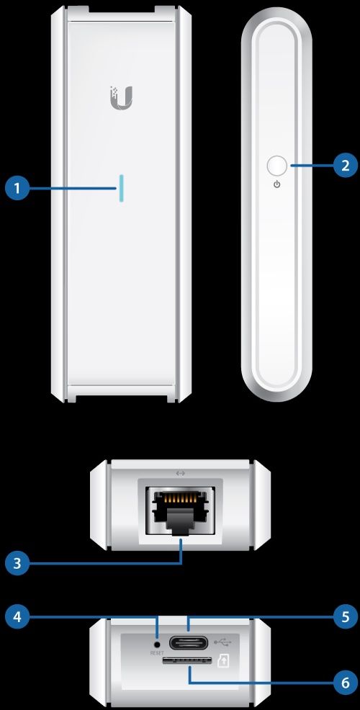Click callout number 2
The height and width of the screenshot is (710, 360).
point(345,166)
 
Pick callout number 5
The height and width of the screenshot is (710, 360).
point(345,616)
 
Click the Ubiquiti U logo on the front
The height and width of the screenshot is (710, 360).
point(121,97)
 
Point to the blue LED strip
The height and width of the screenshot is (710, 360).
point(121,187)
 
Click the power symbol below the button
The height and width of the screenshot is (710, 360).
point(276,185)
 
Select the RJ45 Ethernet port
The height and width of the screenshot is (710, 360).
point(181,511)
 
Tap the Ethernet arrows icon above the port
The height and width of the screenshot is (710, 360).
point(181,473)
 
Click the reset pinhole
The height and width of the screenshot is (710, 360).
point(157,642)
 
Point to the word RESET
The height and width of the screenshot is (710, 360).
point(157,653)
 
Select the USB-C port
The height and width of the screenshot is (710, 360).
point(189,642)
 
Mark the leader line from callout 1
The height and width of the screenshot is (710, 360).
point(72,189)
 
